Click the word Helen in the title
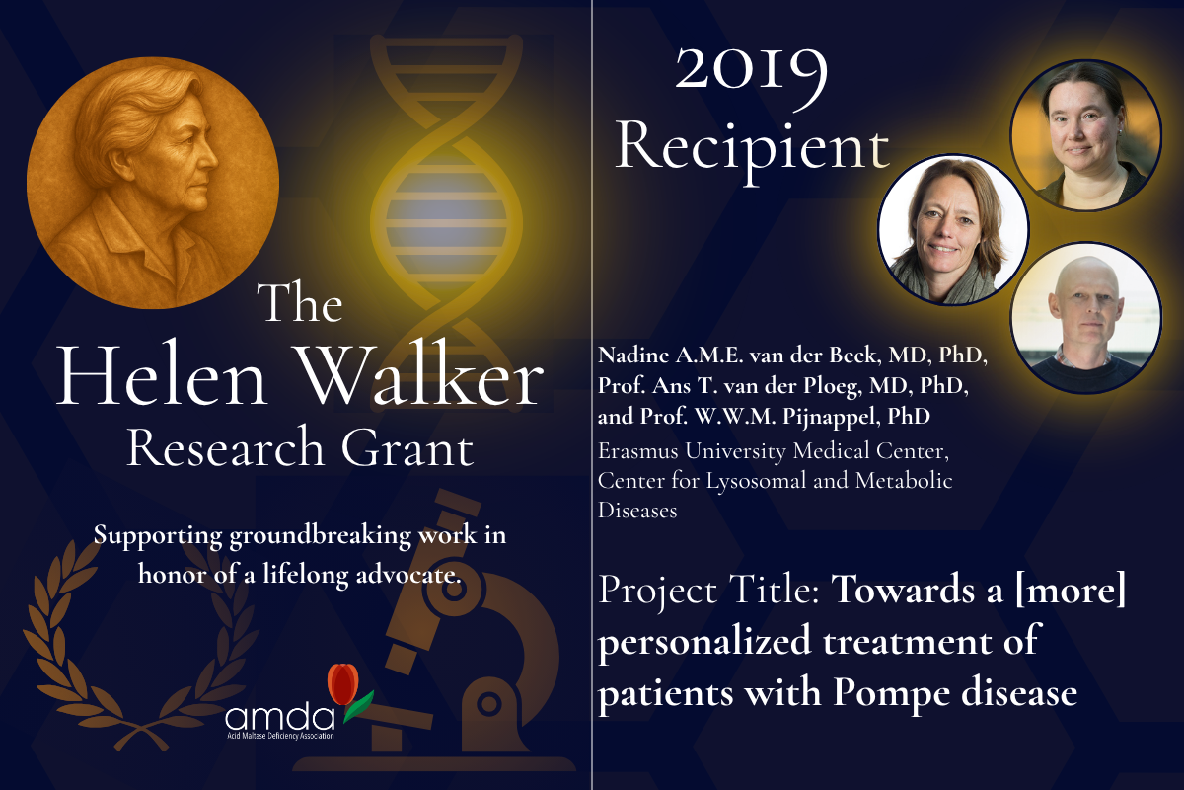coord(161,375)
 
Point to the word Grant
coord(407,447)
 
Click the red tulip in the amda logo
coord(343,683)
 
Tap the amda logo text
coord(280,717)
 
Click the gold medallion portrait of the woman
coord(153,183)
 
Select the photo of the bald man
coord(1085,318)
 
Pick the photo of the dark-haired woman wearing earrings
coord(1085,135)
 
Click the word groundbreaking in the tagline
coord(320,536)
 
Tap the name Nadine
coord(633,355)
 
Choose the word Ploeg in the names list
coord(832,387)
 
